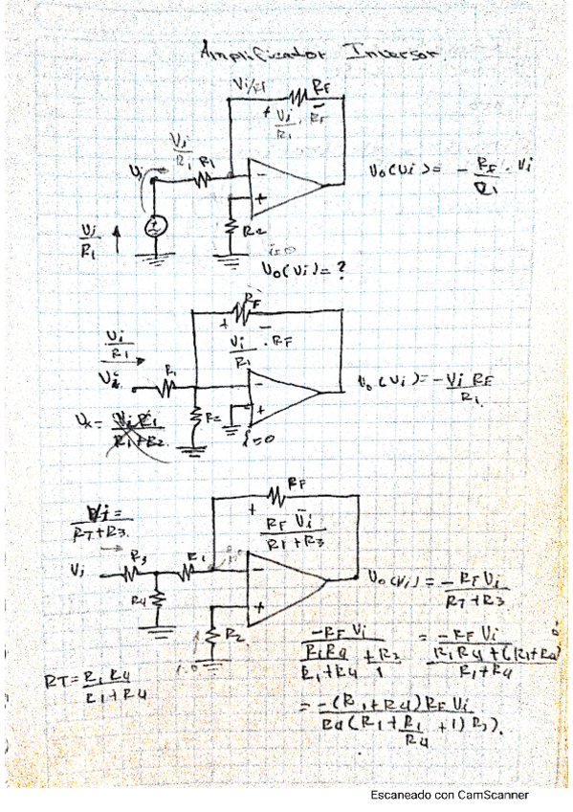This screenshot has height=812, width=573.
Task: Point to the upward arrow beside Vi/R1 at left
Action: coord(118,233)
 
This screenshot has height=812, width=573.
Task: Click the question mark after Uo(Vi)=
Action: coord(338,271)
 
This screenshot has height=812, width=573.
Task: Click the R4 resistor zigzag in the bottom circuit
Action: coord(158,598)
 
